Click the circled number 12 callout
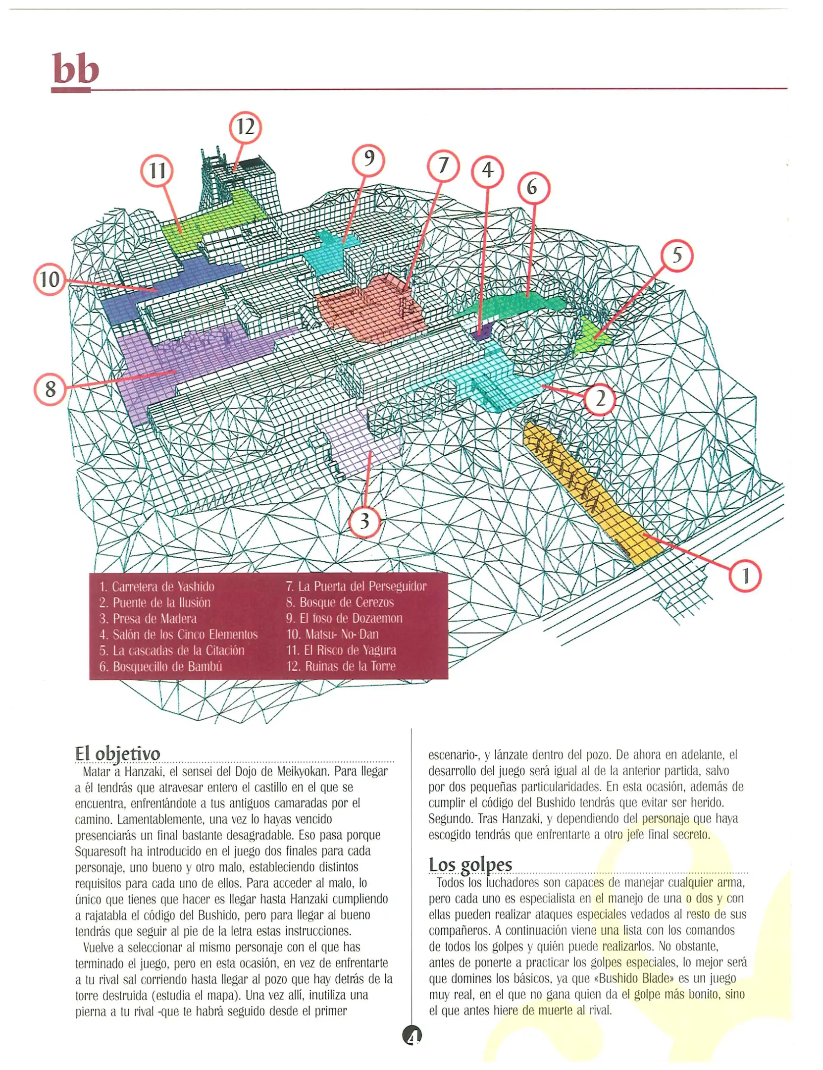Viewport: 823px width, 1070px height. click(245, 127)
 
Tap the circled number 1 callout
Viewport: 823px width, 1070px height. click(745, 576)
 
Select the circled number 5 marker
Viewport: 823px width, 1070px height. click(676, 256)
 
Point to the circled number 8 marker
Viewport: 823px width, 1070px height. click(50, 389)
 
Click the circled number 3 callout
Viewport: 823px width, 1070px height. click(364, 521)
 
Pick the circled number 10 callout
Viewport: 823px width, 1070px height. click(50, 279)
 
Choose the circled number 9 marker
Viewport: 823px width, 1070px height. click(368, 160)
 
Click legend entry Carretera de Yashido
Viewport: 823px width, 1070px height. click(157, 587)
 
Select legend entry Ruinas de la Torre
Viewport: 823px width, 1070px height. click(341, 666)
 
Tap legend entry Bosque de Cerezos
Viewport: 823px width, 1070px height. click(340, 602)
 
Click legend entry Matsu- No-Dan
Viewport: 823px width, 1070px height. click(333, 634)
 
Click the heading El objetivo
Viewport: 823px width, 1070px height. click(118, 753)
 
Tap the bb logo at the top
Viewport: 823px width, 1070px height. click(75, 70)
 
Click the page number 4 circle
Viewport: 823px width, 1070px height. click(412, 1035)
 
